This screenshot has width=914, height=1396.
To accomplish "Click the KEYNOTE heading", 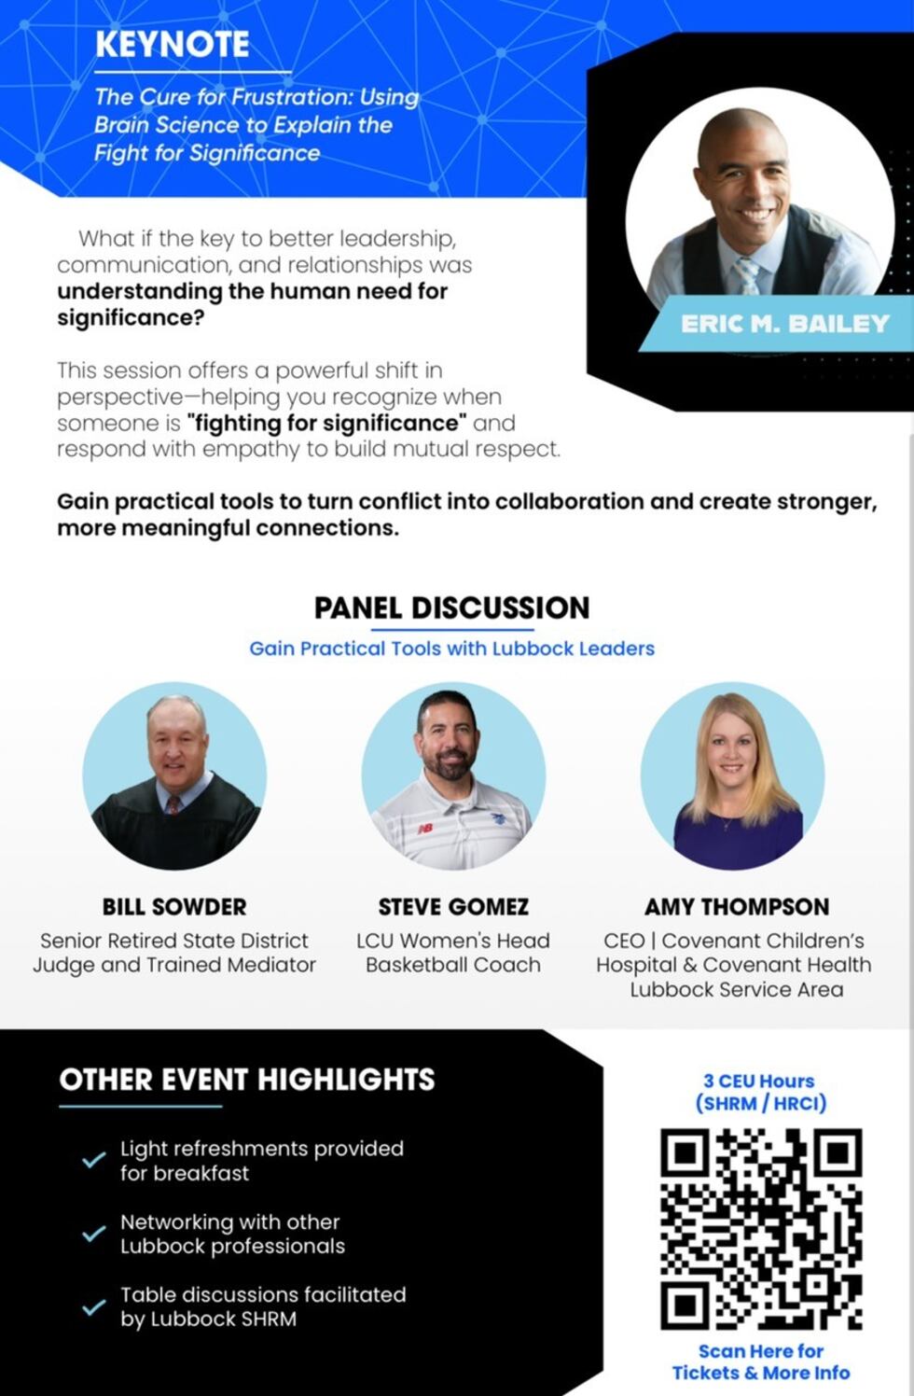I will (173, 44).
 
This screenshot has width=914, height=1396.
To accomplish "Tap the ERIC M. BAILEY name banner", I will (783, 324).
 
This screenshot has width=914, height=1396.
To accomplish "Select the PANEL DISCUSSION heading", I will (451, 607).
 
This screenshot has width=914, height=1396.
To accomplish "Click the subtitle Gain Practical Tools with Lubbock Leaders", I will (451, 649).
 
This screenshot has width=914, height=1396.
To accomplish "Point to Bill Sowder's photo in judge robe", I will (174, 776).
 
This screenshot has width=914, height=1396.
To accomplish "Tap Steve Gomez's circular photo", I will (453, 776).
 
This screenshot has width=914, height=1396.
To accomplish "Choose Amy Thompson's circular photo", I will (733, 776).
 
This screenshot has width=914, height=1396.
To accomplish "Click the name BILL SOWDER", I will (174, 907).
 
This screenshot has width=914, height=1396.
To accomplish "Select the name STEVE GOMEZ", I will (453, 907).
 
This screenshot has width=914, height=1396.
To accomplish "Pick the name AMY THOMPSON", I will (737, 907).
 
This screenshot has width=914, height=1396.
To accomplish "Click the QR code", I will (761, 1228).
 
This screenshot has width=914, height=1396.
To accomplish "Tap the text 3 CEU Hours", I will (759, 1081).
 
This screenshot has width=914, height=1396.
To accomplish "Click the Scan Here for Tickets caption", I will (761, 1361).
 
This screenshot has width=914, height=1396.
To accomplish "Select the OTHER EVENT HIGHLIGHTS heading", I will (247, 1080).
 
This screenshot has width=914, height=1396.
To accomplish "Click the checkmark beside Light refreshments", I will (93, 1160).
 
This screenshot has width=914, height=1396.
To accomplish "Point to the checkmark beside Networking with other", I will (93, 1234).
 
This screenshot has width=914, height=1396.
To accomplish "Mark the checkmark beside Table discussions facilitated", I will (93, 1306).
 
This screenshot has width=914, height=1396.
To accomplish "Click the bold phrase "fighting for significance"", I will (326, 423).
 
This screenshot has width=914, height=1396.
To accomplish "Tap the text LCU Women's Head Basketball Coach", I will (453, 953).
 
